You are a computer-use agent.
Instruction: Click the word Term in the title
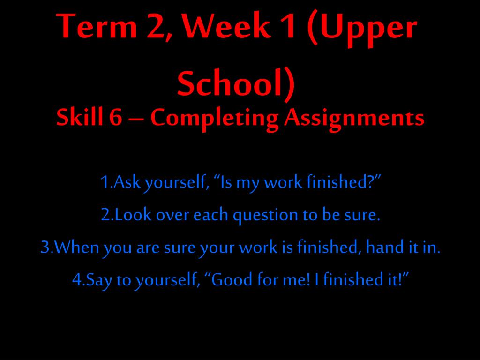[97, 26]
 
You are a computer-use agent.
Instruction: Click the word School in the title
[229, 83]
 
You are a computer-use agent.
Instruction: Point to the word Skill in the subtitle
[80, 117]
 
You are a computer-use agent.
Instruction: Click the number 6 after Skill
[116, 118]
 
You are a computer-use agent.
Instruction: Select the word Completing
[214, 120]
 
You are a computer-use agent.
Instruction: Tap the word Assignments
[354, 120]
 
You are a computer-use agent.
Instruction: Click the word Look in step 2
[134, 215]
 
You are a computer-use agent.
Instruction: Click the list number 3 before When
[45, 247]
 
